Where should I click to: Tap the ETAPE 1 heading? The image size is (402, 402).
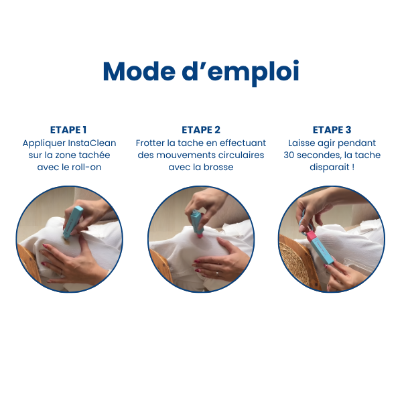pyautogui.click(x=68, y=130)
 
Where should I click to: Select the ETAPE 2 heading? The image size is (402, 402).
pyautogui.click(x=201, y=130)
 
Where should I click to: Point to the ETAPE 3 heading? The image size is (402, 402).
pyautogui.click(x=332, y=130)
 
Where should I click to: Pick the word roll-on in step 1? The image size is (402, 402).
pyautogui.click(x=86, y=167)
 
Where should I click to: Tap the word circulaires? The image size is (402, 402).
pyautogui.click(x=239, y=155)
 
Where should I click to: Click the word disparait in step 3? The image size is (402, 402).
pyautogui.click(x=328, y=167)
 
